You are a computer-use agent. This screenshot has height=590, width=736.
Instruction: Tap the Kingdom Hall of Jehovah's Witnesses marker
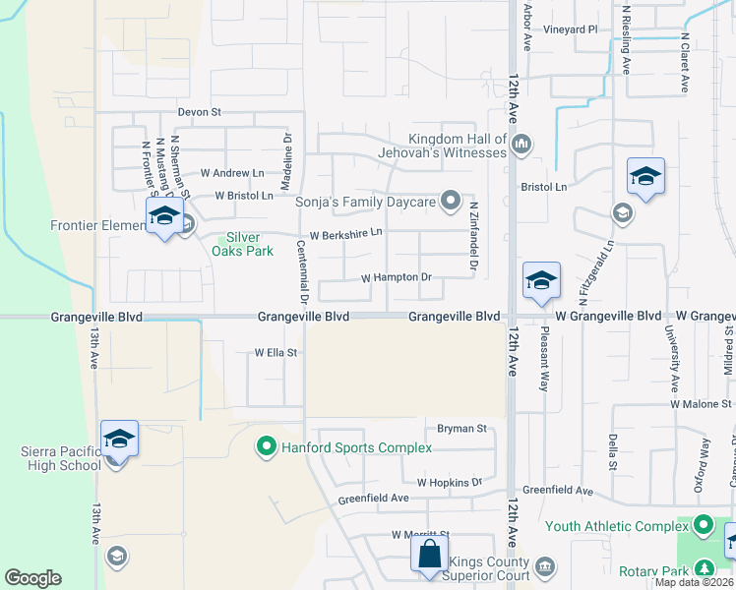click(x=521, y=146)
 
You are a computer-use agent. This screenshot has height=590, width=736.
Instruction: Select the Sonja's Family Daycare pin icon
click(x=451, y=202)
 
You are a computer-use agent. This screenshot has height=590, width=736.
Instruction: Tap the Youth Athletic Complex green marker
click(x=702, y=526)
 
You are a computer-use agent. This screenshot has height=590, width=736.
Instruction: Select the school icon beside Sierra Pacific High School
click(x=119, y=439)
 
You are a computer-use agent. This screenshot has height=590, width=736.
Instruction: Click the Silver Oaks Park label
click(x=243, y=244)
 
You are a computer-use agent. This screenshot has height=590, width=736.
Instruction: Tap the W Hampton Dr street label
click(x=397, y=278)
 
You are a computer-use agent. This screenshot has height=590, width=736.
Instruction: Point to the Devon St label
click(x=200, y=112)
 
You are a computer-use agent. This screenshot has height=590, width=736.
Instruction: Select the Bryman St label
click(x=462, y=429)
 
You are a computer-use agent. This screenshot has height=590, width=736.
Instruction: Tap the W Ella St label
click(x=276, y=352)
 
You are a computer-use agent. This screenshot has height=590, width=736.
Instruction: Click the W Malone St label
click(x=702, y=403)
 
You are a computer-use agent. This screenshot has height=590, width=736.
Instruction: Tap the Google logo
click(x=33, y=578)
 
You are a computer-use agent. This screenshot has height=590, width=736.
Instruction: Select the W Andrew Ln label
click(x=232, y=173)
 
